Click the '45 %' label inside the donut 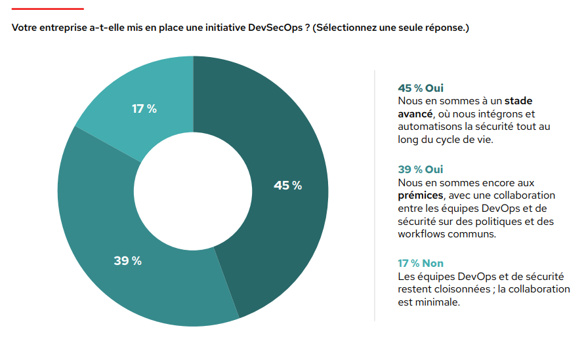tap(287, 186)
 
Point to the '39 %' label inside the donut tap(127, 261)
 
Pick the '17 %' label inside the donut tap(144, 109)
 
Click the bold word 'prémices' tap(420, 195)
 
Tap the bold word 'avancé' tap(415, 113)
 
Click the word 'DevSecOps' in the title tap(276, 29)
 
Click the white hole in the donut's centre tap(193, 191)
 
